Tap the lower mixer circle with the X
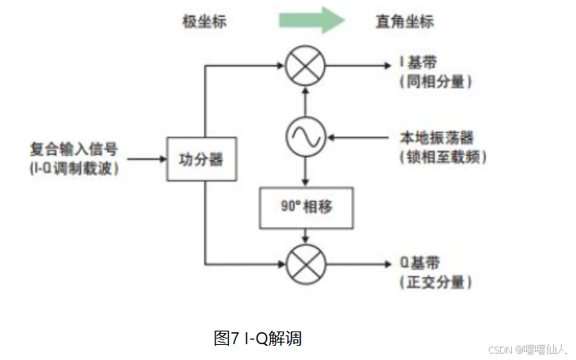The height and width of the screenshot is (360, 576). tap(305, 262)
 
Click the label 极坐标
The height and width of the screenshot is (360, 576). tap(204, 21)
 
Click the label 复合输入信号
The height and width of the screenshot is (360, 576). tap(74, 148)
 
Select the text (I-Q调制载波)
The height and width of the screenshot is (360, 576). tap(74, 168)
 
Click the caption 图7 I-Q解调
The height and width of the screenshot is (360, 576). tap(257, 339)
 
